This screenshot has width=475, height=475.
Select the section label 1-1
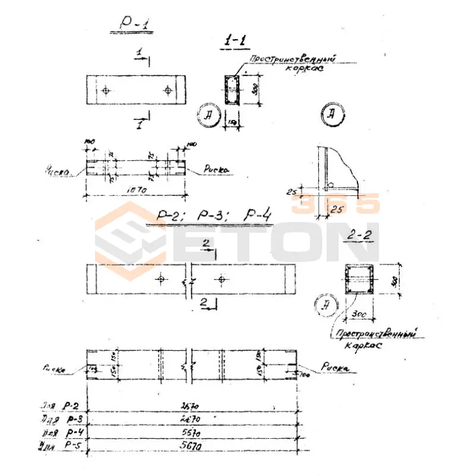pyautogui.click(x=236, y=41)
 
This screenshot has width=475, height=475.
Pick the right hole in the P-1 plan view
pyautogui.click(x=168, y=90)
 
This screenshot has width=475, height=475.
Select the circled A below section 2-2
pyautogui.click(x=325, y=306)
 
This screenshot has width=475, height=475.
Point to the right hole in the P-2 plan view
pyautogui.click(x=221, y=278)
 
